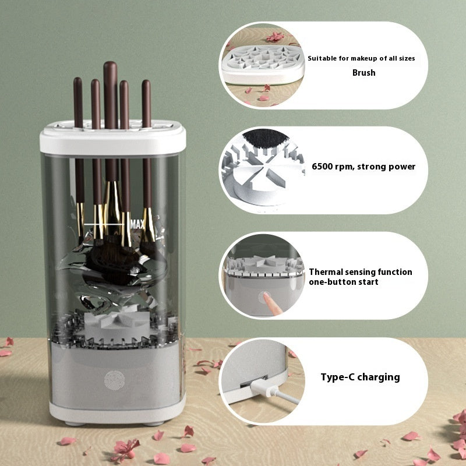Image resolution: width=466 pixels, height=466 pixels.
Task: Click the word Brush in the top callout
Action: [x=363, y=73]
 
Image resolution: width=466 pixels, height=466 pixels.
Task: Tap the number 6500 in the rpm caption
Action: [x=324, y=167]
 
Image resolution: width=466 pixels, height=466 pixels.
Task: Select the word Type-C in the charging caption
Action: [x=337, y=377]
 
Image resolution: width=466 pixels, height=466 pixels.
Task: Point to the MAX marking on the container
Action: [x=138, y=224]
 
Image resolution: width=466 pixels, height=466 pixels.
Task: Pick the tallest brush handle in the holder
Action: [x=110, y=93]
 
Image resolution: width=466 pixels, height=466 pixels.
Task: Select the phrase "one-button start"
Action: [x=344, y=282]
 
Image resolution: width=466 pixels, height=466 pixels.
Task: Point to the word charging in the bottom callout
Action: [x=378, y=377]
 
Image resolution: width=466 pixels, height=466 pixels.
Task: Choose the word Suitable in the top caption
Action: [x=322, y=58]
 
